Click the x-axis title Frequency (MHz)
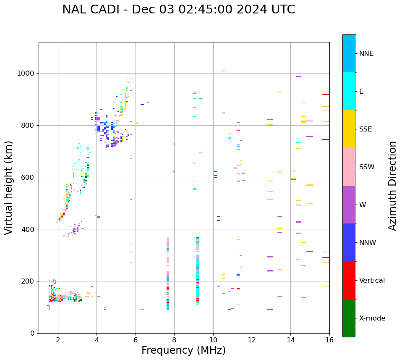coord(183,350)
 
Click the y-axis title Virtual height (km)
coord(9,187)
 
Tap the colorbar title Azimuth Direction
coord(392,185)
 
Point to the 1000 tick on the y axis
coord(28,73)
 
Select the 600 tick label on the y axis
coord(29,177)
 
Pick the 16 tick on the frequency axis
coord(329,339)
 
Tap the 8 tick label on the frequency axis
coord(174,339)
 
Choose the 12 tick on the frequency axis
coord(252,339)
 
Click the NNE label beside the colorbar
coord(366,54)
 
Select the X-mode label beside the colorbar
coord(372,318)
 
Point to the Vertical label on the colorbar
coord(372,281)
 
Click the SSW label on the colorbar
coord(367,167)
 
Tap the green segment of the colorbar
coord(349,318)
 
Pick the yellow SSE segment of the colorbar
coord(349,129)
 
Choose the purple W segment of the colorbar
coord(349,205)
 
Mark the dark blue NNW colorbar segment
coord(349,242)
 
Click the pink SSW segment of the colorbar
coord(349,167)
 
